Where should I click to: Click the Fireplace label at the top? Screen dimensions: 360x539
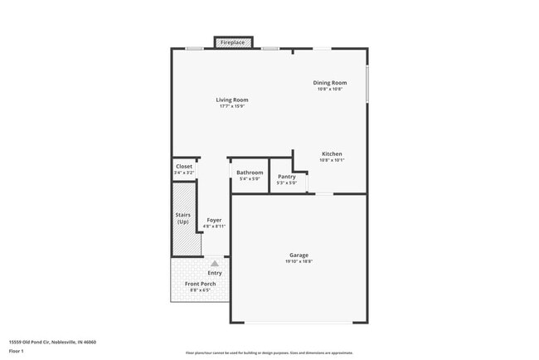[x=232, y=41]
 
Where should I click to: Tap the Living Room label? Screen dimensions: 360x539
[x=233, y=100]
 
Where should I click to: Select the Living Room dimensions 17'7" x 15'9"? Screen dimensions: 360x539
[x=233, y=106]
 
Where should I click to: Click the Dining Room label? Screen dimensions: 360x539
[x=329, y=82]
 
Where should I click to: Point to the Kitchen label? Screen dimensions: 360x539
[x=332, y=154]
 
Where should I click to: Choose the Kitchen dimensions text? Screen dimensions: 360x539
[x=332, y=161]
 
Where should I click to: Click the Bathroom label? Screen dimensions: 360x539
[x=250, y=173]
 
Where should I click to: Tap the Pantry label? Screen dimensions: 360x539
[x=287, y=176]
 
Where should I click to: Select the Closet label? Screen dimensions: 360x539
[x=184, y=166]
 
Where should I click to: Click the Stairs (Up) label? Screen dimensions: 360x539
[x=183, y=218]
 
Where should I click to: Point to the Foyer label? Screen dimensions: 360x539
[x=214, y=220]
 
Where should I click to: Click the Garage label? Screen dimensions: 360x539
[x=299, y=255]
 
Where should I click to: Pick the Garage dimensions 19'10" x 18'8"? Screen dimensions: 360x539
[x=299, y=261]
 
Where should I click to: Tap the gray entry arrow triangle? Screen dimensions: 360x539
[x=215, y=263]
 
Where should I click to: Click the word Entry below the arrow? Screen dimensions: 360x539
[x=215, y=273]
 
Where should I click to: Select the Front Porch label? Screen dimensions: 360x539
[x=200, y=285]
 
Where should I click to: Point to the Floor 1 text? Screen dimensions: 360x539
[x=17, y=351]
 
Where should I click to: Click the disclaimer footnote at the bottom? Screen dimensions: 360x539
[x=269, y=353]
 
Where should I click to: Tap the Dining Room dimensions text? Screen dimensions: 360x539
[x=329, y=89]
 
